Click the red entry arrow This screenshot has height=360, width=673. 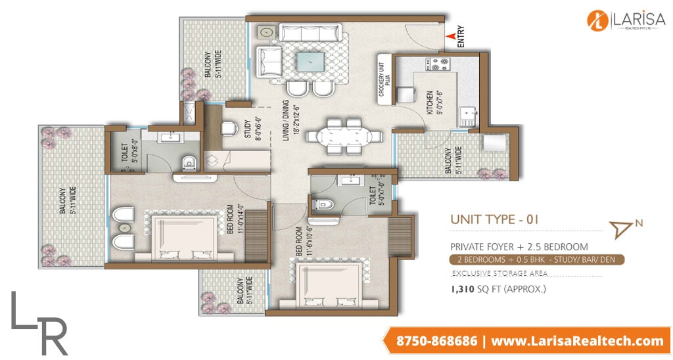coord(450,37)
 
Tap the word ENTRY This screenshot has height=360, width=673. coord(461,37)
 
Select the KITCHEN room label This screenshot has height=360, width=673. coord(430,102)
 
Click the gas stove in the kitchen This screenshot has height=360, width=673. coord(438,64)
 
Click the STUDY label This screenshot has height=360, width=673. coord(248,129)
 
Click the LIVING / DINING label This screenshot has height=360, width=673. coord(286,121)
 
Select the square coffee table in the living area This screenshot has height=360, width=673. coord(310,62)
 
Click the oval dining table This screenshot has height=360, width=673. coord(344,137)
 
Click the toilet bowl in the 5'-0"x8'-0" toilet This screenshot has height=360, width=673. coord(189,163)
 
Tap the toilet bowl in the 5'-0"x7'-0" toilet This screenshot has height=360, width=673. coord(323,204)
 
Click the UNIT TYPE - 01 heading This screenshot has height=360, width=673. coord(494,219)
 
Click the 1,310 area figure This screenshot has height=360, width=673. coord(462,289)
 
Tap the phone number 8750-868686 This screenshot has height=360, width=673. coord(436,341)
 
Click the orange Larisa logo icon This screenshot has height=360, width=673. coord(598,20)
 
